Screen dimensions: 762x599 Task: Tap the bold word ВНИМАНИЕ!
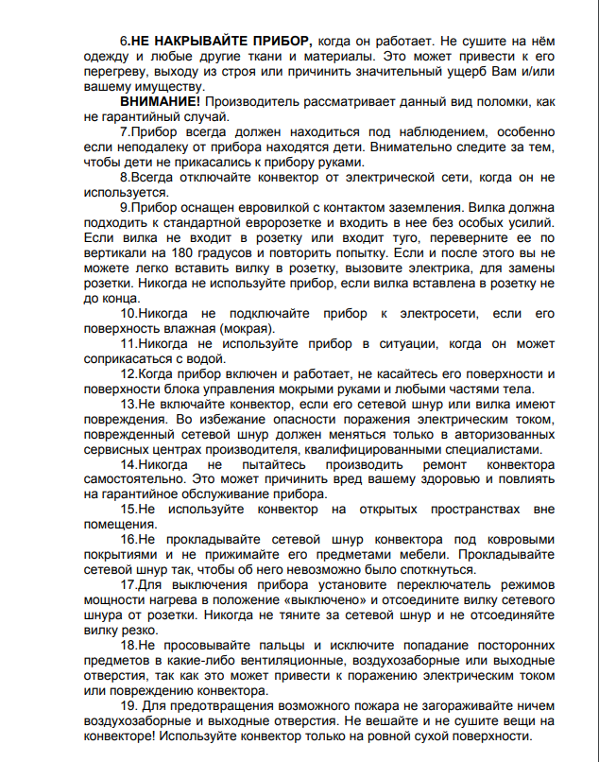[160, 100]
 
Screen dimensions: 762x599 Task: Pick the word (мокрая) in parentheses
[246, 328]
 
